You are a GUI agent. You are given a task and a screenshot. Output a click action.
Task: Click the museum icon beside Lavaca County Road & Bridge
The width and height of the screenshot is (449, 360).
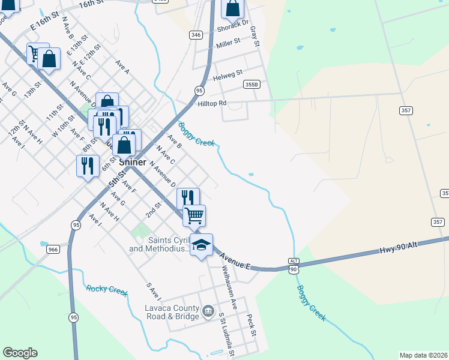pyautogui.click(x=208, y=311)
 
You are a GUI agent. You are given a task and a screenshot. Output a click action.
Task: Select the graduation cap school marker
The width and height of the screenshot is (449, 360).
pyautogui.click(x=202, y=245)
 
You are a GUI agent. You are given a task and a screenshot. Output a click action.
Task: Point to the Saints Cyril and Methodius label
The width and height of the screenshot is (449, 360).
pyautogui.click(x=160, y=245)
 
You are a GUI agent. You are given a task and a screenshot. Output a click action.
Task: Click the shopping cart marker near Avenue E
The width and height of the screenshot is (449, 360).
pyautogui.click(x=194, y=215)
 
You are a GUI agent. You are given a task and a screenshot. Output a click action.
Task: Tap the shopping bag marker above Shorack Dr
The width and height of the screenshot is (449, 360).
pyautogui.click(x=232, y=8)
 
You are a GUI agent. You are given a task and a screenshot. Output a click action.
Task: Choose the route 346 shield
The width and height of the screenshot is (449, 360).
pyautogui.click(x=195, y=35)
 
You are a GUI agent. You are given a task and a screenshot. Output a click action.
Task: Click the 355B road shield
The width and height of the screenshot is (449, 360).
pyautogui.click(x=252, y=85)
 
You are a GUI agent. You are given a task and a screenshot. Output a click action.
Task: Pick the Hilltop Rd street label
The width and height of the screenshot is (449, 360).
pyautogui.click(x=212, y=103)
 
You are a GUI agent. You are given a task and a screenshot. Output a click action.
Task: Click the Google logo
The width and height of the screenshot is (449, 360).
pyautogui.click(x=20, y=353)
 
